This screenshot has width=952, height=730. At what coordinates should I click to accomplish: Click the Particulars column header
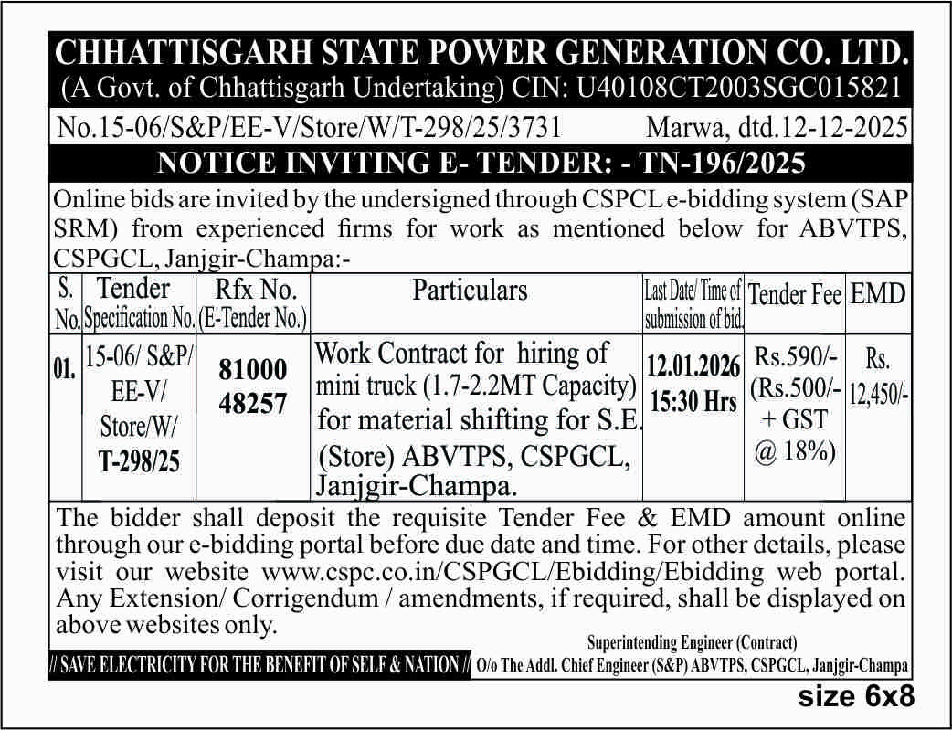(470, 291)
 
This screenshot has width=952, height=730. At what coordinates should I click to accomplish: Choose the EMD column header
(877, 293)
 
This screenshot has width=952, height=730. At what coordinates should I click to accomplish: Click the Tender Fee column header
(794, 294)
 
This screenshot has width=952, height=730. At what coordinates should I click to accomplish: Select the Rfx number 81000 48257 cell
(253, 386)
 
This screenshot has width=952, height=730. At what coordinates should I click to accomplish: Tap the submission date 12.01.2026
(693, 367)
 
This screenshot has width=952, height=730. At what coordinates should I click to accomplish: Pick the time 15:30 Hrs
(693, 400)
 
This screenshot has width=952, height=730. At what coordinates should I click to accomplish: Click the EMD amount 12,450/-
(878, 394)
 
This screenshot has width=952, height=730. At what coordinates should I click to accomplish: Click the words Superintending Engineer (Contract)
(692, 643)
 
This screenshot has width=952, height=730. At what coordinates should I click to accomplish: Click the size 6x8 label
(856, 697)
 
